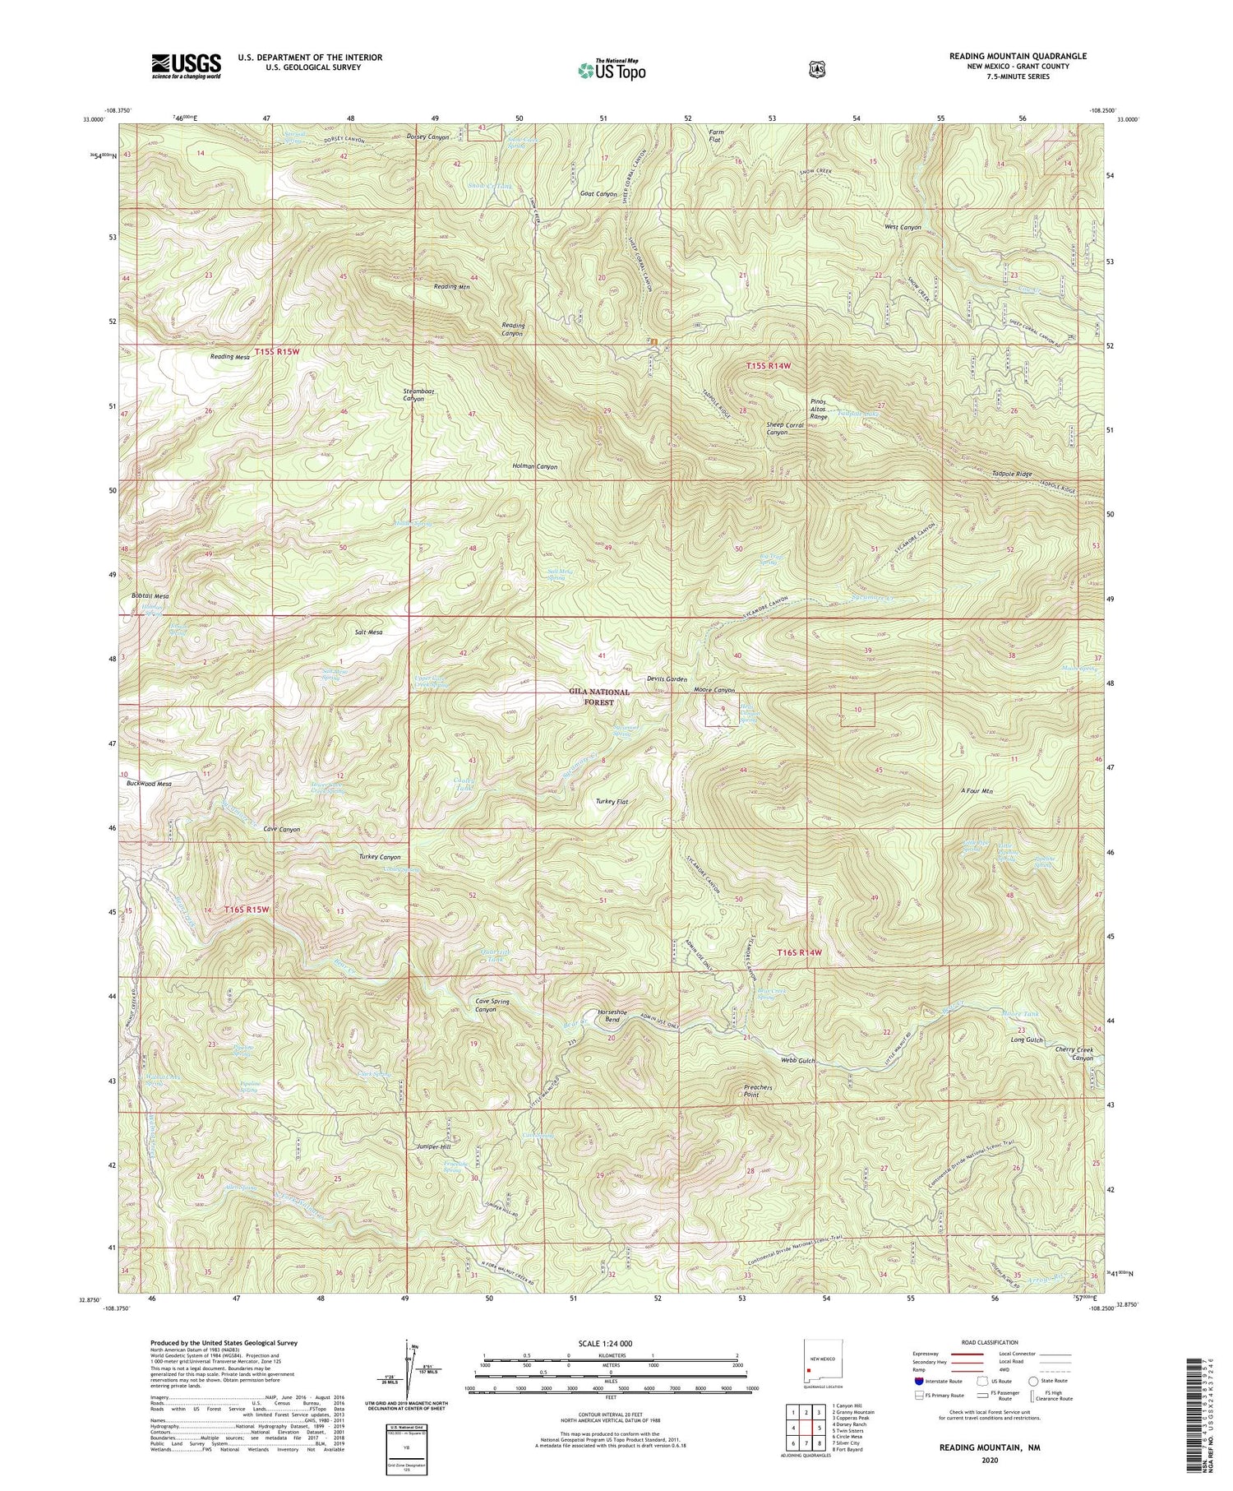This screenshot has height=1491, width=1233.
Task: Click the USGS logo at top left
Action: pos(186,65)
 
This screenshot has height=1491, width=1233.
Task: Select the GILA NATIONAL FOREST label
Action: pos(599,697)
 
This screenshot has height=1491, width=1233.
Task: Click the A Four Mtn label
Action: pos(977,791)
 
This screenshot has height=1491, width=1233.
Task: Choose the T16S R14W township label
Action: pos(800,952)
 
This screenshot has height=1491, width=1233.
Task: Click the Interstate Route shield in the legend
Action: pos(918,1381)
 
